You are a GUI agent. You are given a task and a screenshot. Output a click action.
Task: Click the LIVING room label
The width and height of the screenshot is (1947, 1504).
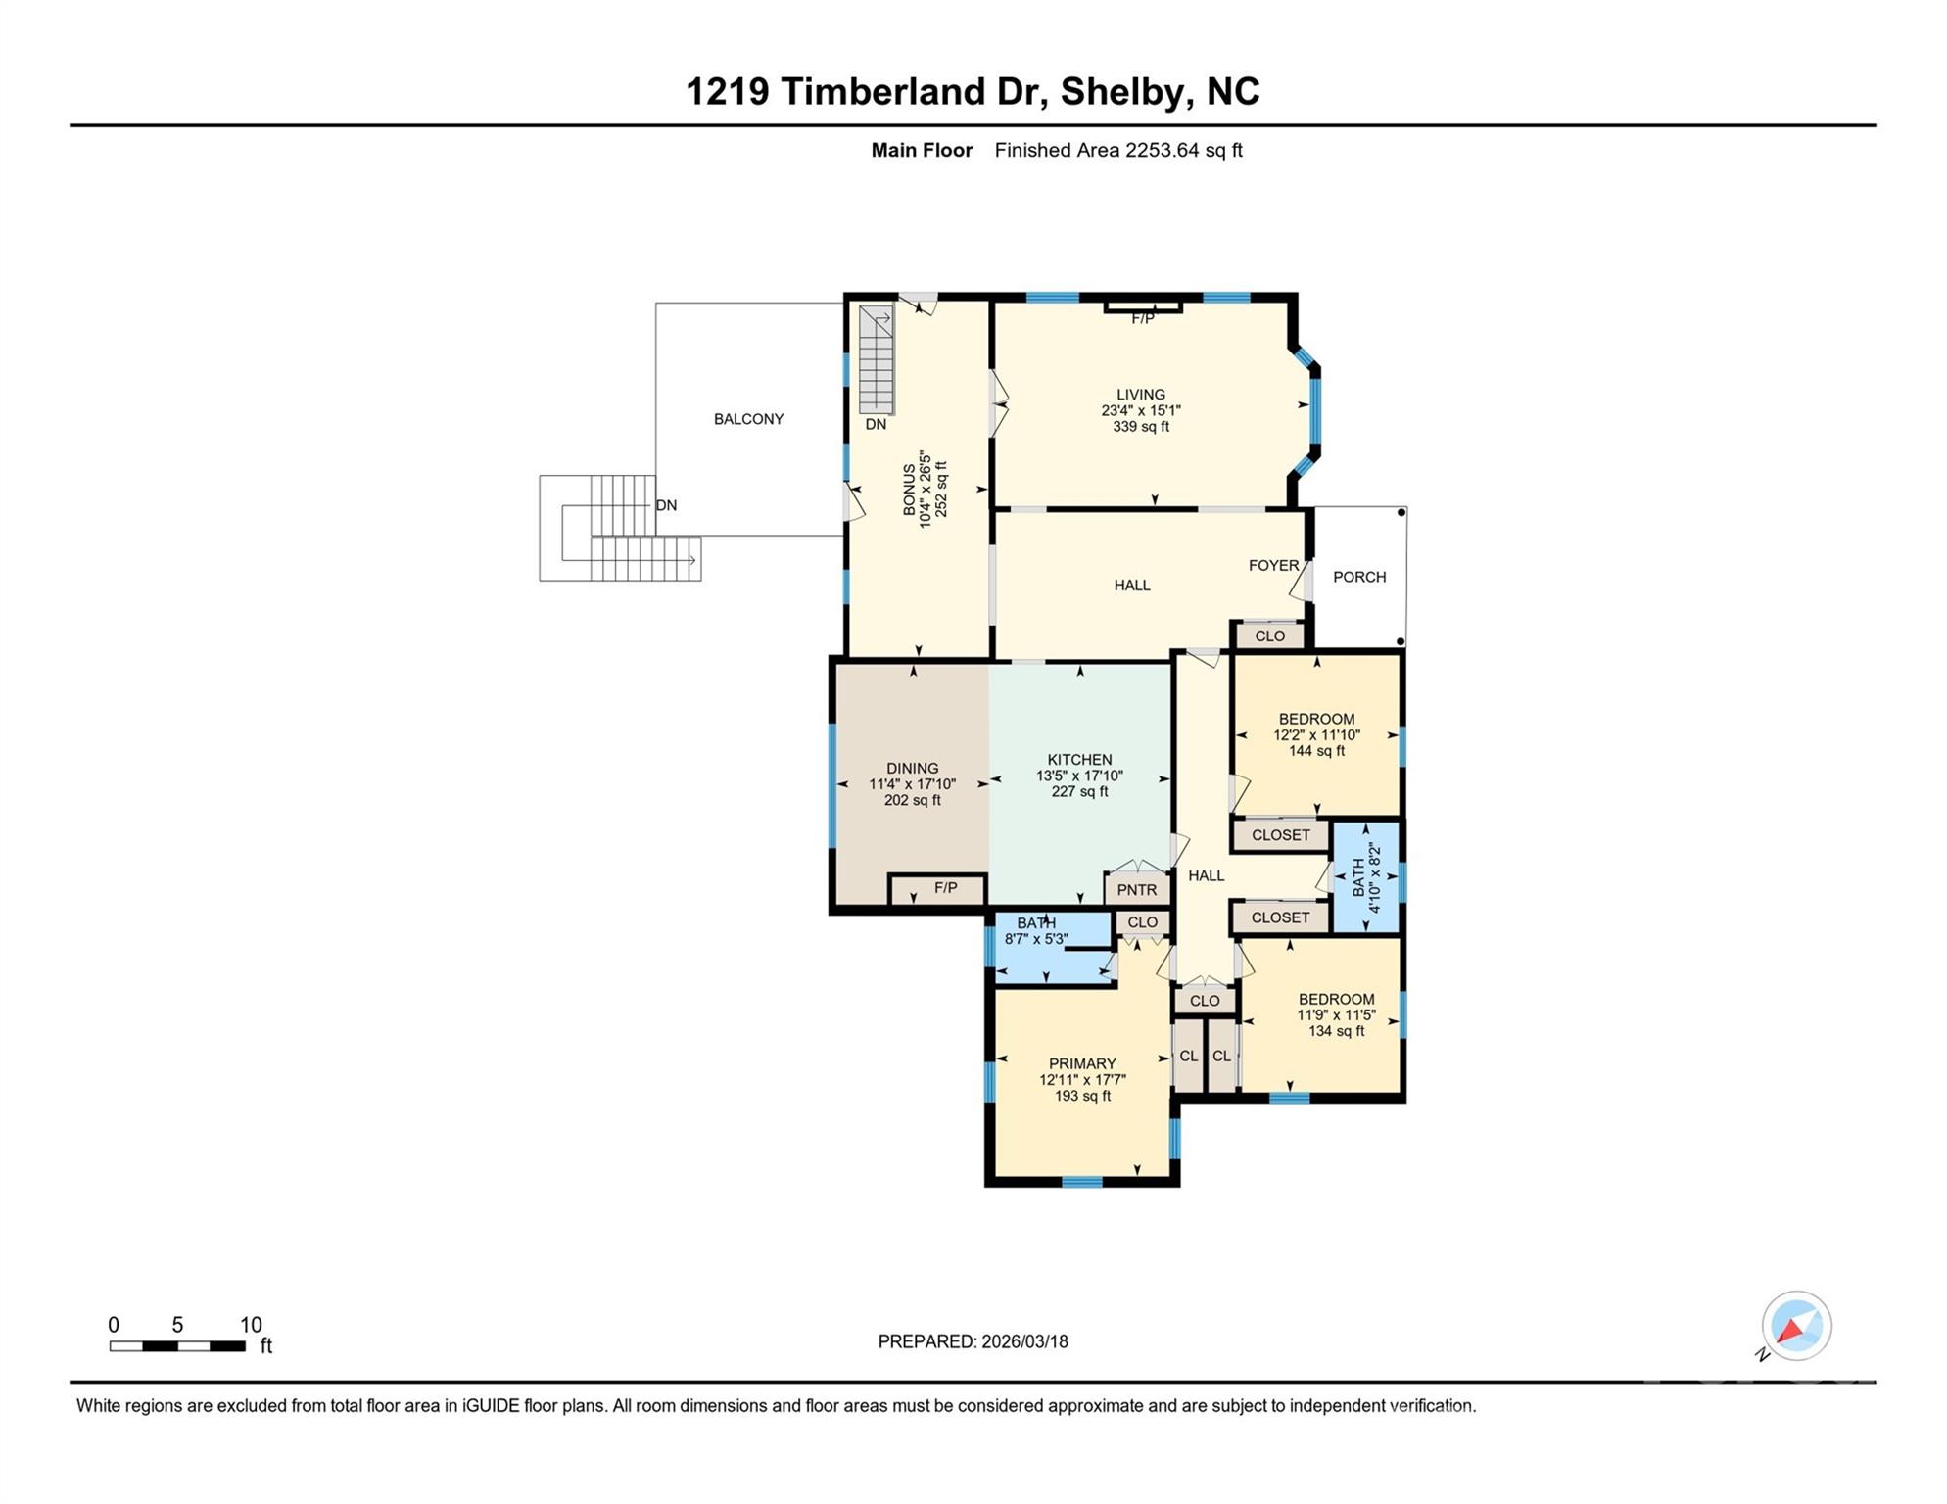[1141, 395]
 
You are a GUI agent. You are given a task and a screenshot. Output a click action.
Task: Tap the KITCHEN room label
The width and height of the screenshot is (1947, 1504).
[1079, 760]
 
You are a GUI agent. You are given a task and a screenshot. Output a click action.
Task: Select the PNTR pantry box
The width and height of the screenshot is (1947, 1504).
[1137, 890]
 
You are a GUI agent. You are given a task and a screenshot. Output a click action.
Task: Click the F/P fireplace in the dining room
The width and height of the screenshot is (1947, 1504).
[944, 888]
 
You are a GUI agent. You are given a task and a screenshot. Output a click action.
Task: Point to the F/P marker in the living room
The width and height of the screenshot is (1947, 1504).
[1143, 317]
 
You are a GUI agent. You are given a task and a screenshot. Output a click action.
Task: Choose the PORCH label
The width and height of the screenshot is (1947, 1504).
[1359, 577]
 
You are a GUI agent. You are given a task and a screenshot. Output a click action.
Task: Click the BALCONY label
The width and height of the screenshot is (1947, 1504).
[748, 419]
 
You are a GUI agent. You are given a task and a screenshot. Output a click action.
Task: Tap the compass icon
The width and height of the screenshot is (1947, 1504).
[1796, 1326]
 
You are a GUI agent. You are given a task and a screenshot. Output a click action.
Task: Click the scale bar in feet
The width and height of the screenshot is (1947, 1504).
[177, 1346]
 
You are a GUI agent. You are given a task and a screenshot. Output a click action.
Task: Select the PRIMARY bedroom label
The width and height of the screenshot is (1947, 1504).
[1082, 1063]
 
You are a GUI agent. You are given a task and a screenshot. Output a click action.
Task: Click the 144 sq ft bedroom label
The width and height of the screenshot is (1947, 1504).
[1316, 719]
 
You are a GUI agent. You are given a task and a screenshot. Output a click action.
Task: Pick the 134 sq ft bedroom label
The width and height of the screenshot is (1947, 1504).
[1336, 999]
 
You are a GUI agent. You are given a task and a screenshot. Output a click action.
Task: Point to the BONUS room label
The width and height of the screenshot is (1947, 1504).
[910, 490]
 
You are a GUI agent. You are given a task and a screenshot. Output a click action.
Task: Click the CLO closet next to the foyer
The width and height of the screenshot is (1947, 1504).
[1269, 636]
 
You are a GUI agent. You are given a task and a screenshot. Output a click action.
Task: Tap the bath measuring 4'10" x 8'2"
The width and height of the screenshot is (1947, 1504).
[1365, 878]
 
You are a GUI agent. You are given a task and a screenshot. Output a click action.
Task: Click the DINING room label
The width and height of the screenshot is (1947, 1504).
[912, 769]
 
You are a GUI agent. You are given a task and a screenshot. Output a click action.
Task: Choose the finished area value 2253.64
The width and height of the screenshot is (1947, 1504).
[1163, 150]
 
